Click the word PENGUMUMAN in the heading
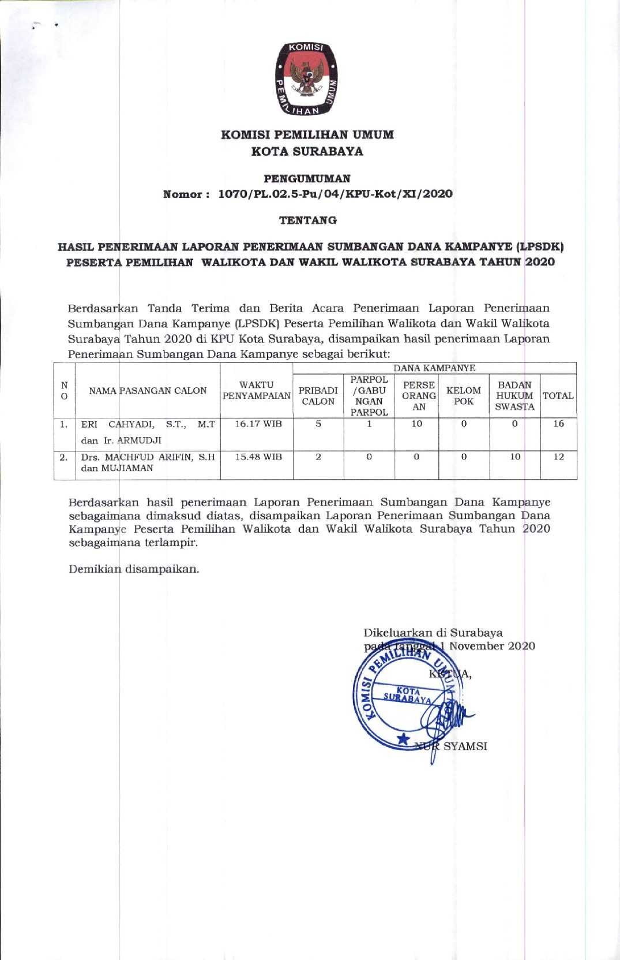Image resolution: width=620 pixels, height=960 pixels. [307, 178]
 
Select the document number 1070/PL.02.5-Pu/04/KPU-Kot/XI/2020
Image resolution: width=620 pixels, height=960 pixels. [335, 194]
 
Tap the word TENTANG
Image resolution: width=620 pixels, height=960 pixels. [308, 220]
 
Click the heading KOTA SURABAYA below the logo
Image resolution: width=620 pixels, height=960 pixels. [307, 152]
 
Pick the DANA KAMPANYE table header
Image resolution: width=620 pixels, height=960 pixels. [434, 368]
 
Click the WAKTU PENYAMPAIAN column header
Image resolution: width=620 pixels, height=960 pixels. [257, 390]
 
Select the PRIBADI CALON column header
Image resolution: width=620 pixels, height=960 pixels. [318, 396]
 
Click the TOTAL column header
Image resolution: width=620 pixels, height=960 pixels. [558, 396]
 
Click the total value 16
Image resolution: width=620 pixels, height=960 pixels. [558, 424]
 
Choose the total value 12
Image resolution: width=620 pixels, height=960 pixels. [558, 457]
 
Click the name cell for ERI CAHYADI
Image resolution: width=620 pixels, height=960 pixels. [148, 432]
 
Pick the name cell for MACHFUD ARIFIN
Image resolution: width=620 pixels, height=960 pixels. [148, 462]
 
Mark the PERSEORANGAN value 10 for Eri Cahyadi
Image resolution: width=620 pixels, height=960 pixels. [416, 424]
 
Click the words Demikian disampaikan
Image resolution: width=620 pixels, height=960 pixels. [134, 569]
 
